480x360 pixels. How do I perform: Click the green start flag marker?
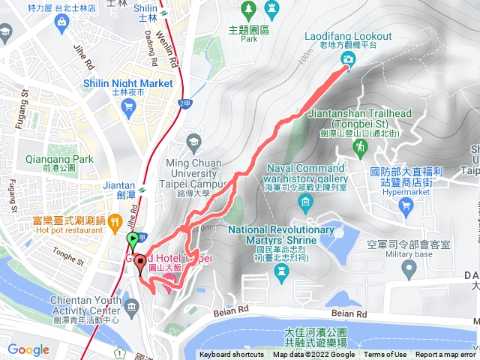click(133, 241)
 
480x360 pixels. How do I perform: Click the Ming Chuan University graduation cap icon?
click(193, 140)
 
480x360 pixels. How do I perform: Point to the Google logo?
click(28, 349)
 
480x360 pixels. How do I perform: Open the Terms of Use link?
click(386, 355)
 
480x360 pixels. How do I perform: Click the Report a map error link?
click(445, 355)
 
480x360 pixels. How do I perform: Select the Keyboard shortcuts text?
click(232, 355)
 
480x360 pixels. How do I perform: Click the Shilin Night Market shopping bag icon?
click(127, 106)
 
